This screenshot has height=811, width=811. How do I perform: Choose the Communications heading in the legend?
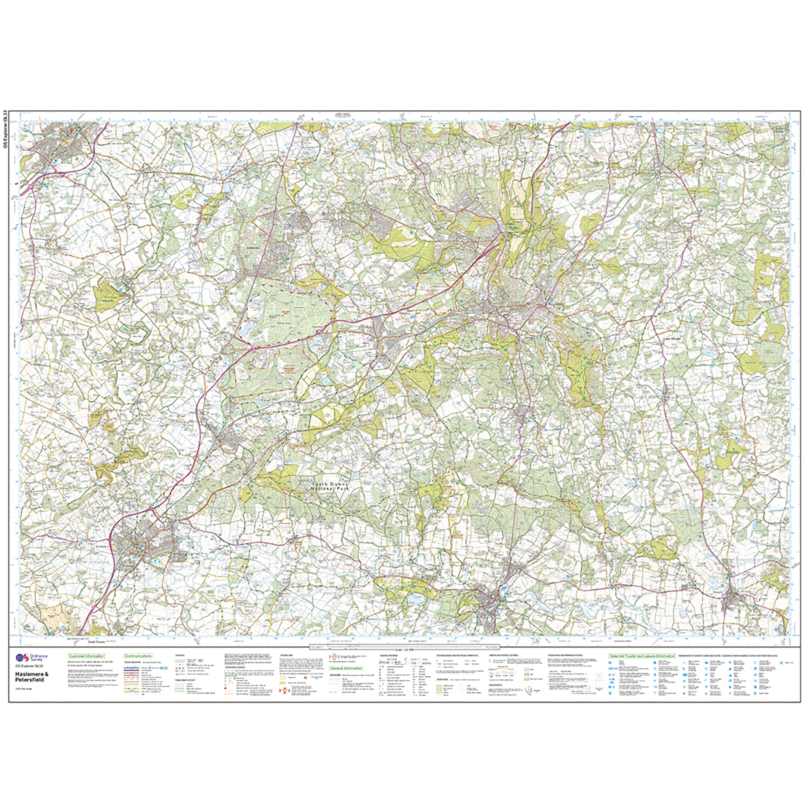click(x=138, y=656)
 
